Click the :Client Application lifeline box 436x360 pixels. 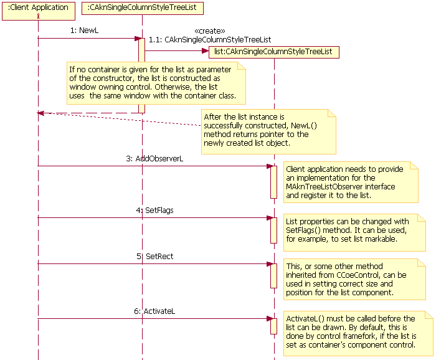[38, 7]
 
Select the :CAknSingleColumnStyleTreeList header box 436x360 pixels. [142, 7]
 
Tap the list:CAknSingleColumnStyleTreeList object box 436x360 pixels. [273, 52]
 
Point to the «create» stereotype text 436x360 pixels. [210, 31]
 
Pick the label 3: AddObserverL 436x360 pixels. [154, 158]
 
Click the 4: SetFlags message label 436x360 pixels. [154, 210]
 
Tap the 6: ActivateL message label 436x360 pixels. [154, 311]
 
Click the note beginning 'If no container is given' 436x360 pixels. [156, 83]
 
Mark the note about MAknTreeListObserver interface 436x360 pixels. [351, 182]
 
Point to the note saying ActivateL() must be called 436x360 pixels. [358, 332]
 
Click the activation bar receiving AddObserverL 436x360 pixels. [273, 181]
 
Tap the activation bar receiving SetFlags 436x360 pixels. [273, 230]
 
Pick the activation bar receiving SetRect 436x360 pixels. [273, 275]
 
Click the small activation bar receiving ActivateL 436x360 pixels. [273, 326]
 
